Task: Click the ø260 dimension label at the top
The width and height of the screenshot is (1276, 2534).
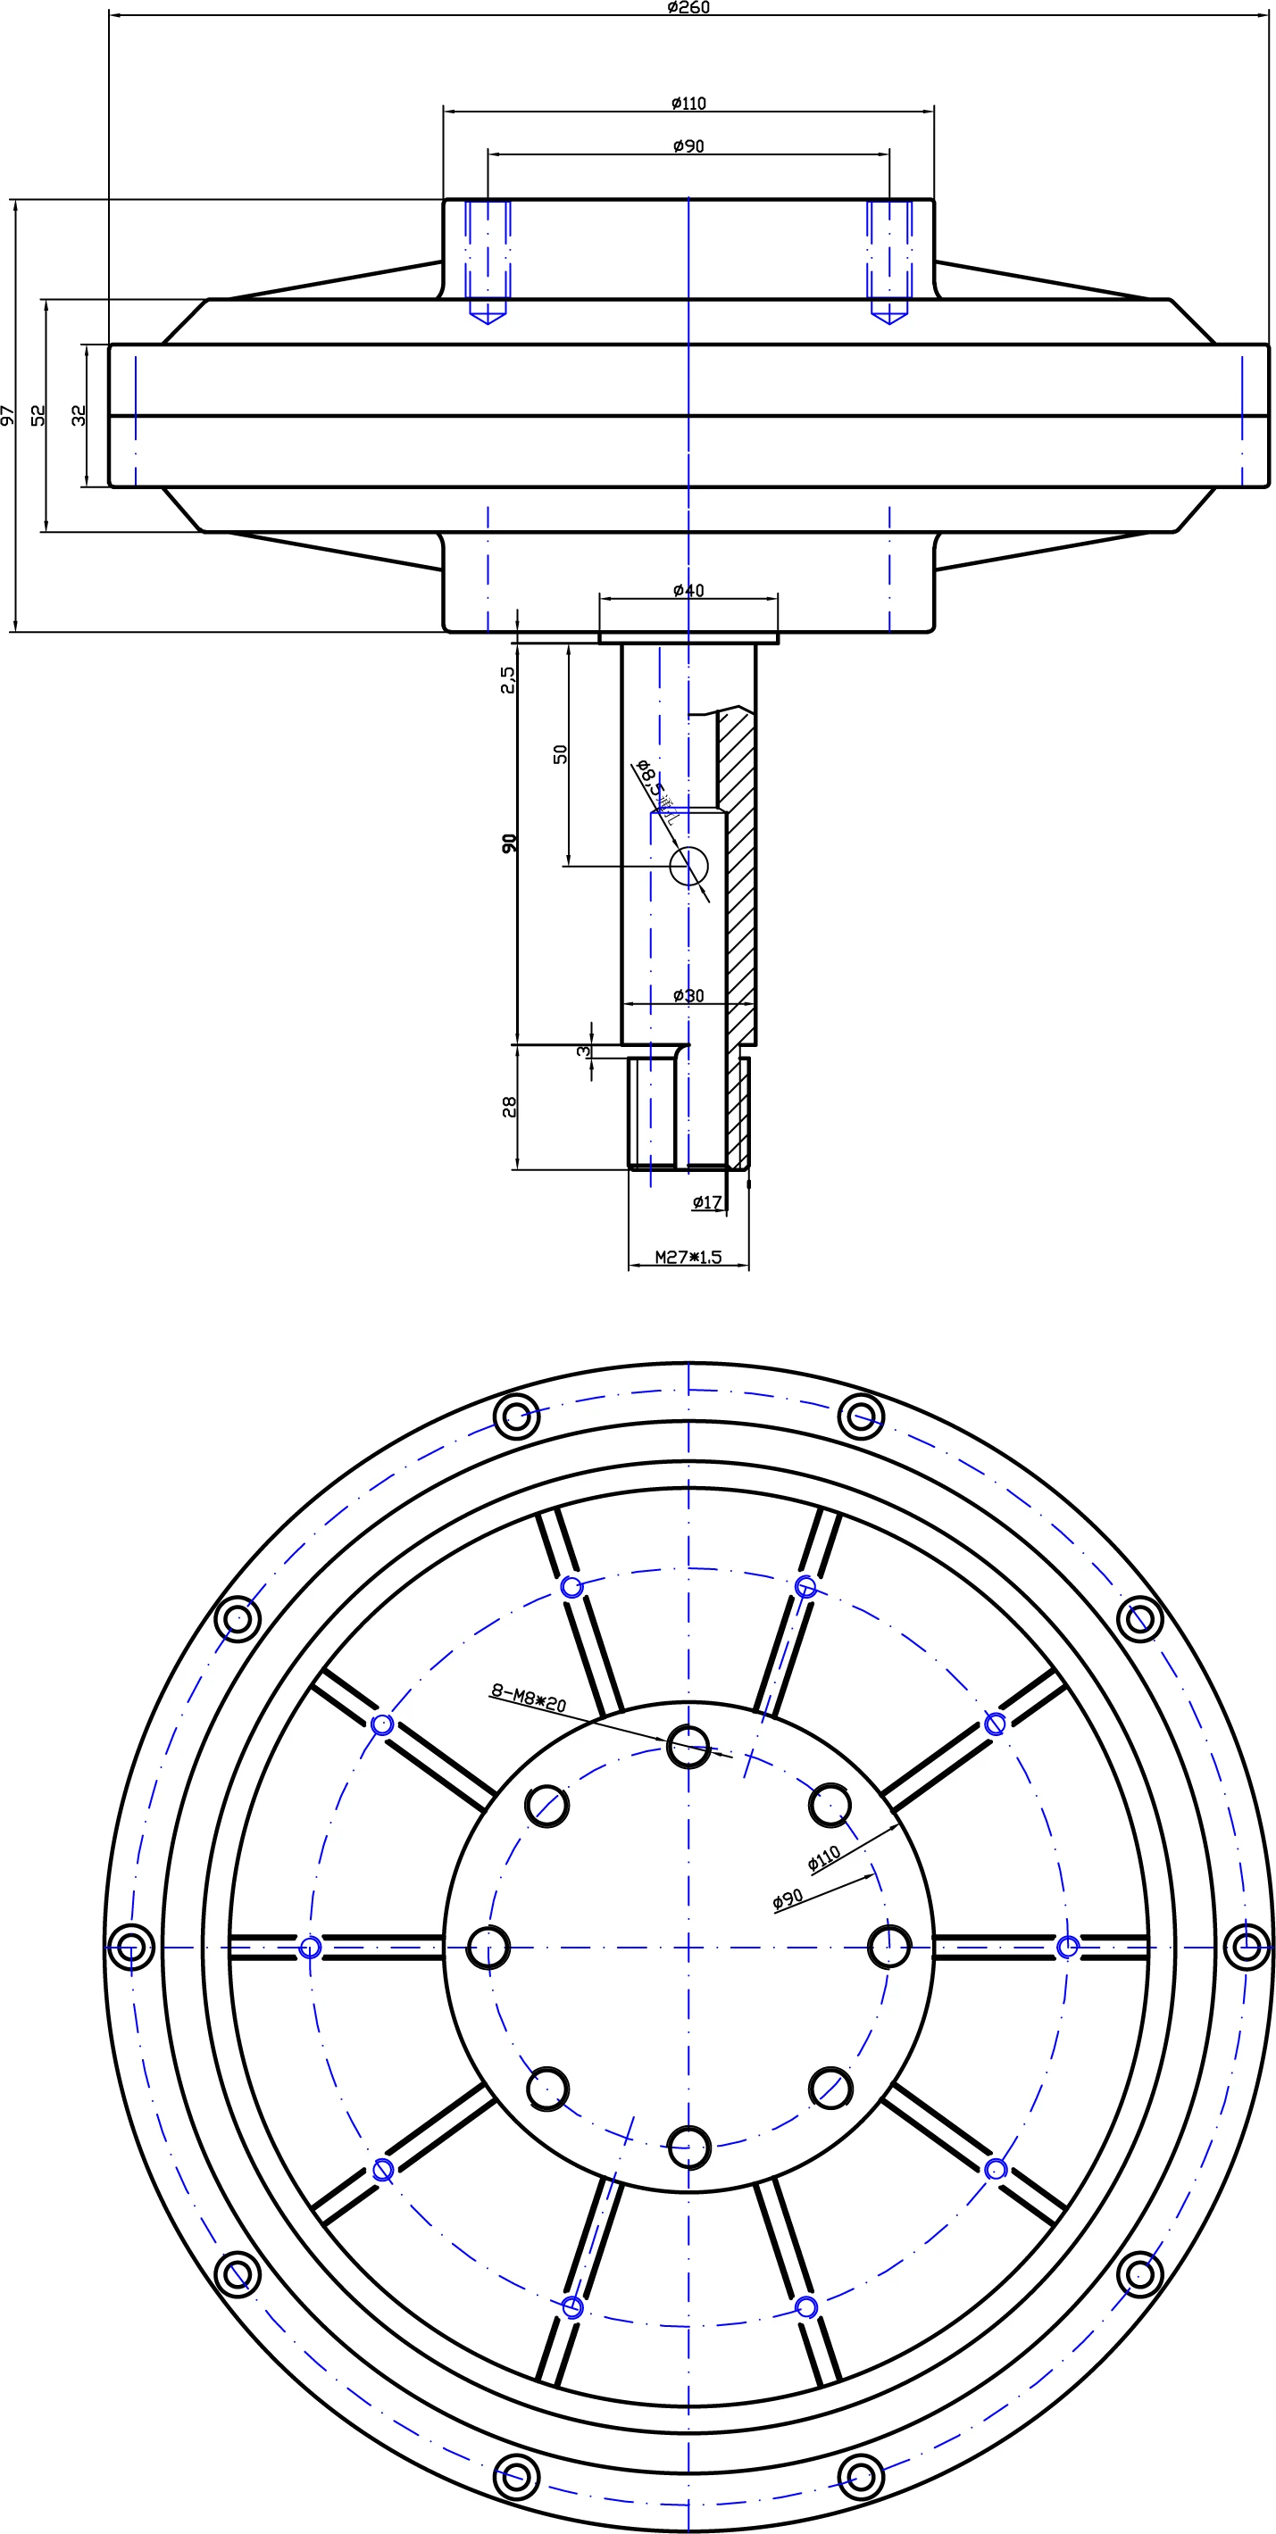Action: click(688, 8)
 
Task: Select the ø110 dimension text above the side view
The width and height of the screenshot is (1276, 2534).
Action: click(688, 104)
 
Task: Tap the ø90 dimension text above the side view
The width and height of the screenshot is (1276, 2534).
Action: click(688, 146)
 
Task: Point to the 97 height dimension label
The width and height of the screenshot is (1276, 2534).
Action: click(9, 415)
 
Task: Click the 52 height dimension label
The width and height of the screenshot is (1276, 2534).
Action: click(39, 415)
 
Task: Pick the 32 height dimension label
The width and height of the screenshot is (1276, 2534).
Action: click(79, 415)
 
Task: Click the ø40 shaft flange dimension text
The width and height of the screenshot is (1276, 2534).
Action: click(688, 590)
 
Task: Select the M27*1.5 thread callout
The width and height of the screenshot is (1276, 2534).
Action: click(688, 1257)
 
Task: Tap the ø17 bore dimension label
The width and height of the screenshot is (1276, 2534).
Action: click(707, 1202)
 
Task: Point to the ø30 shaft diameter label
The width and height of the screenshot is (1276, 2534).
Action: click(688, 995)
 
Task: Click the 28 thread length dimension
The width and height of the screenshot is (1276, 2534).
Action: click(510, 1107)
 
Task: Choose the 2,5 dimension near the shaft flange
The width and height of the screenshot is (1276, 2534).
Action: click(508, 678)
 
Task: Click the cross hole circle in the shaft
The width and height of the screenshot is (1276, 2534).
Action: click(688, 866)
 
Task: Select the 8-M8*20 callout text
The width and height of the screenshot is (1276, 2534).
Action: click(529, 1698)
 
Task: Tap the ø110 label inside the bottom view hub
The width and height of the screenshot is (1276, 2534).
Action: click(824, 1858)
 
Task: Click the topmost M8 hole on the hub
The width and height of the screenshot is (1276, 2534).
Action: click(688, 1747)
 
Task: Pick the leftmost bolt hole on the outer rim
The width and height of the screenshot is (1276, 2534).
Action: click(129, 1947)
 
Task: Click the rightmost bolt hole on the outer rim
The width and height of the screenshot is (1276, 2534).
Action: click(1247, 1947)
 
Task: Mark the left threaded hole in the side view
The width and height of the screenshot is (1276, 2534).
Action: click(488, 261)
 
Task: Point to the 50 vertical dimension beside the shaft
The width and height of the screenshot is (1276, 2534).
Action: click(561, 753)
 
